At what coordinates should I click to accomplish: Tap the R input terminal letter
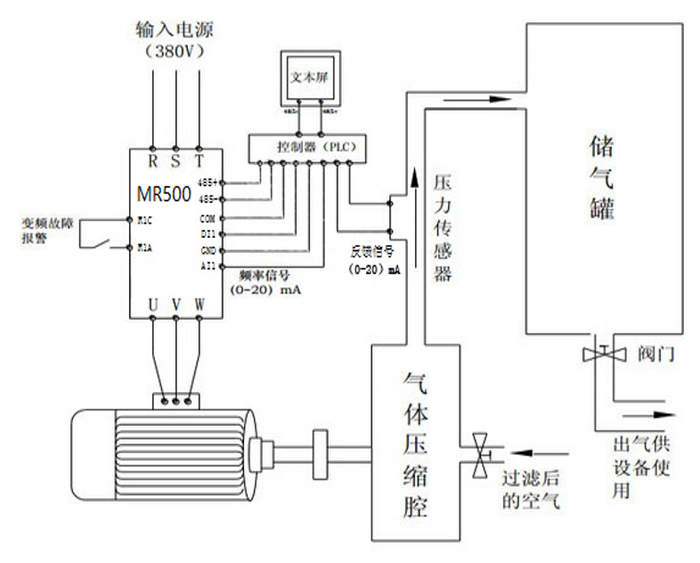(152, 162)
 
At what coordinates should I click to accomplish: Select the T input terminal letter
(199, 162)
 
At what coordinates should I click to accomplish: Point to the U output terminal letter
(153, 306)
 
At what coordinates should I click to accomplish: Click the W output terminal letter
(199, 306)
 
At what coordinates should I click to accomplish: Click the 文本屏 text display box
(306, 78)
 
